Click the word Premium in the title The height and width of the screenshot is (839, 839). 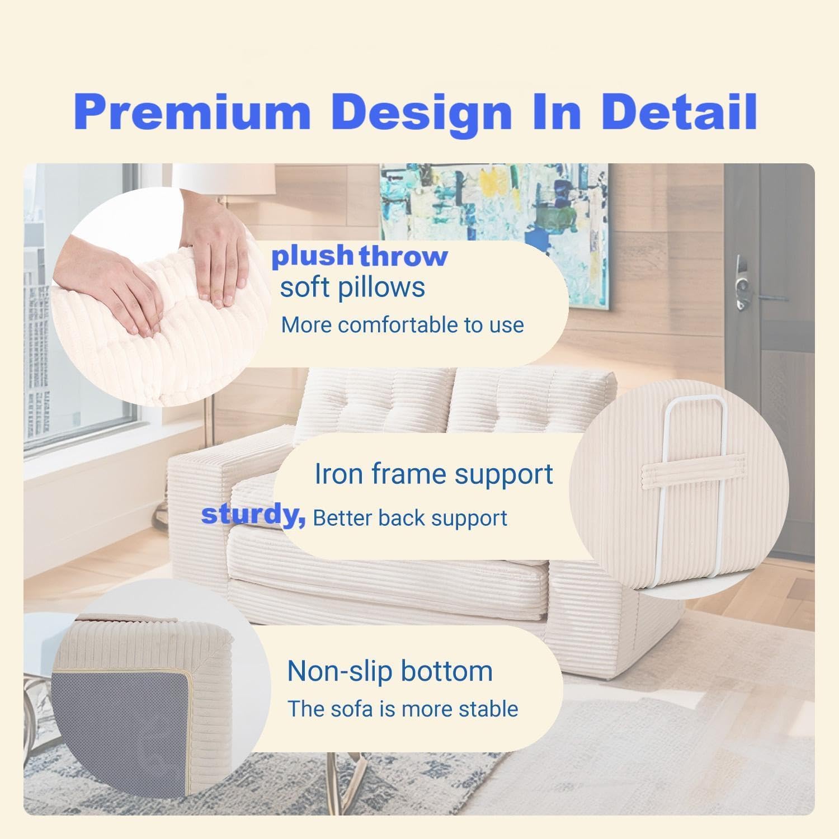(191, 112)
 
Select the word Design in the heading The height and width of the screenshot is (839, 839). (421, 114)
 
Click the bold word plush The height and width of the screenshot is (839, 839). (312, 256)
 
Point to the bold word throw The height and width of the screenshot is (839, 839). (403, 256)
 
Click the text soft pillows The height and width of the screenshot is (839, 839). (352, 287)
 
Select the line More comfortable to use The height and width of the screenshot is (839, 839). (402, 325)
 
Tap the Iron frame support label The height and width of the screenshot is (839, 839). (433, 474)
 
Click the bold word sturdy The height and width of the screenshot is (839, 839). (253, 515)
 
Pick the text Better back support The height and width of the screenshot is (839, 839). (410, 518)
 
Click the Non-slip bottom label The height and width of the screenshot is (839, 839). (390, 671)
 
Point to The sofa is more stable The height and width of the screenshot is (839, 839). (403, 709)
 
